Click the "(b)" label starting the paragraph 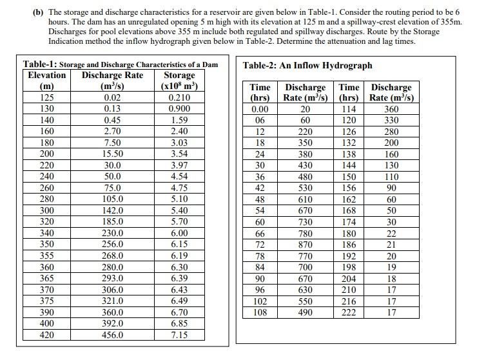(x=39, y=12)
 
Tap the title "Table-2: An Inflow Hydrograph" (x=307, y=65)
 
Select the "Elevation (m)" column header (x=47, y=81)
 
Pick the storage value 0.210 (x=179, y=97)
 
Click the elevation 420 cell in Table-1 (x=47, y=335)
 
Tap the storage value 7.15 (x=179, y=335)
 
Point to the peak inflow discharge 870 (x=306, y=245)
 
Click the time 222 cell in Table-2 (x=349, y=313)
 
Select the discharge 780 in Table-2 (x=306, y=234)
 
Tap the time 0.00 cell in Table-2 (x=260, y=109)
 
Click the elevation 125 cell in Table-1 (x=47, y=97)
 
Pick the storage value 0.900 (x=179, y=109)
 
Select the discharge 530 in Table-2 (x=306, y=188)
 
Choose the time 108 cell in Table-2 (x=260, y=313)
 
